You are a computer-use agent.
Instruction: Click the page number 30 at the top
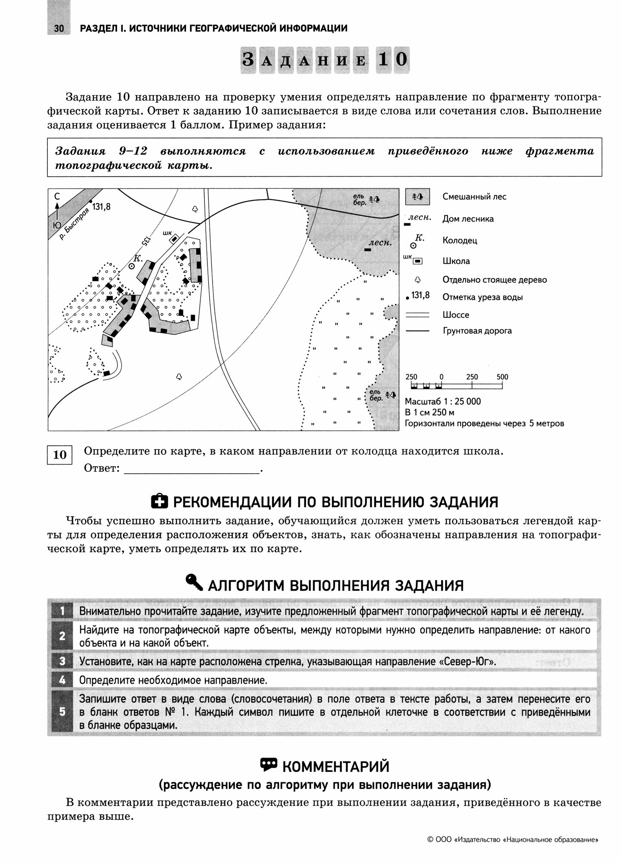tap(59, 28)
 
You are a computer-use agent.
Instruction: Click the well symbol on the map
tap(132, 266)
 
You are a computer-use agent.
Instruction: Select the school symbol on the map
tap(174, 238)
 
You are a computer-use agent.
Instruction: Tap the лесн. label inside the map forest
tap(380, 243)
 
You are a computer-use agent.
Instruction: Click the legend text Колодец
tap(460, 240)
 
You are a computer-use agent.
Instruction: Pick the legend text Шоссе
tap(455, 315)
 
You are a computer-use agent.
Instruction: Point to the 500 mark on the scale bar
tap(502, 377)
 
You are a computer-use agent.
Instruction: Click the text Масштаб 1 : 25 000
tap(443, 401)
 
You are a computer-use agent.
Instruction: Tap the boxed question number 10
tap(60, 454)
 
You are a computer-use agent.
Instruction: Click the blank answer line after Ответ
tap(192, 471)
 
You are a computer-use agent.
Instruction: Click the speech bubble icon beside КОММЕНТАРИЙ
tap(268, 764)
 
